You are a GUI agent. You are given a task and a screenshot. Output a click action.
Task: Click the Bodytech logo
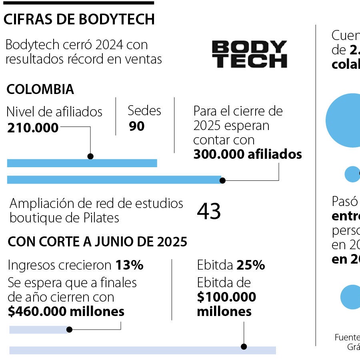point(249,54)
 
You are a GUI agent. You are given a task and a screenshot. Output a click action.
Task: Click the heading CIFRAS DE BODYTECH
point(79,19)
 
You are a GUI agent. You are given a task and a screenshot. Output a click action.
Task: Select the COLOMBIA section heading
point(40,89)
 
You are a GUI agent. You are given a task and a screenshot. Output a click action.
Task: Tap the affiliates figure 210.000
point(33,128)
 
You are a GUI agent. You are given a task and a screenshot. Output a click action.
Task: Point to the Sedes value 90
point(137,126)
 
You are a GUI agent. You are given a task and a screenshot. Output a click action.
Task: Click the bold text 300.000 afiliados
point(247,154)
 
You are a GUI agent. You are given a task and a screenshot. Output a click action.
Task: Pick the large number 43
point(209,211)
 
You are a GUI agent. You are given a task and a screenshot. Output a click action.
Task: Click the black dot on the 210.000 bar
point(90,156)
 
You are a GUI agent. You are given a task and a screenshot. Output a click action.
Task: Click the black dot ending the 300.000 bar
point(223,180)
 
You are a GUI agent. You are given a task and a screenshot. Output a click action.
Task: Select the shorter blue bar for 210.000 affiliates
point(82,163)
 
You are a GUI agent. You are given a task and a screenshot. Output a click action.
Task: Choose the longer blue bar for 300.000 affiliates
point(114,180)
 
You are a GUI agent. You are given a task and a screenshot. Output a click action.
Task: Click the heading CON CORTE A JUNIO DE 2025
point(97,242)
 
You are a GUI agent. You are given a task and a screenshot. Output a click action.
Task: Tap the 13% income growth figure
point(129,265)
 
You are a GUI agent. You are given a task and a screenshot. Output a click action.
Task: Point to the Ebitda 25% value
point(250,265)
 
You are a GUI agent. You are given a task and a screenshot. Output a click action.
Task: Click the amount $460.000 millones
point(66,312)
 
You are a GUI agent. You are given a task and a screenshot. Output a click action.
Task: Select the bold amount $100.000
point(226,297)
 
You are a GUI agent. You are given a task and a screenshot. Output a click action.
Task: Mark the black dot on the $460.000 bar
point(69,330)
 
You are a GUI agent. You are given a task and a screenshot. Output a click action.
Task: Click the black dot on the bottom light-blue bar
point(244,347)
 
